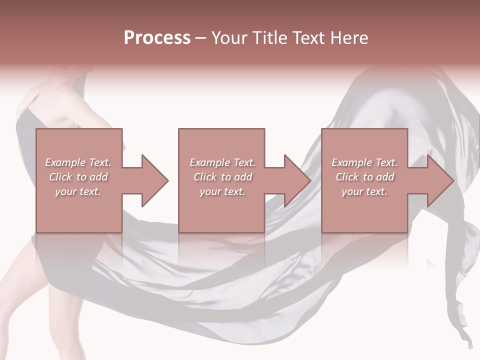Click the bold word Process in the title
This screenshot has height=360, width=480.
tap(157, 38)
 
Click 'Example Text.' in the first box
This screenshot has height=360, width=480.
tap(78, 162)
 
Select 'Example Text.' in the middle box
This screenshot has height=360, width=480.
tap(222, 162)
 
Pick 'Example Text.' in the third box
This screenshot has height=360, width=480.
tap(364, 162)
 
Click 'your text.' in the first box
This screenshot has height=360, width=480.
tap(78, 191)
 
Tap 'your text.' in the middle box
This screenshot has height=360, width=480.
tap(222, 191)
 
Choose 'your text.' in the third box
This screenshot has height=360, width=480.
tap(364, 191)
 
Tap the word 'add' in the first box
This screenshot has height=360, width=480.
tap(98, 177)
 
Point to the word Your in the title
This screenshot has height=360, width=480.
tap(228, 38)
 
